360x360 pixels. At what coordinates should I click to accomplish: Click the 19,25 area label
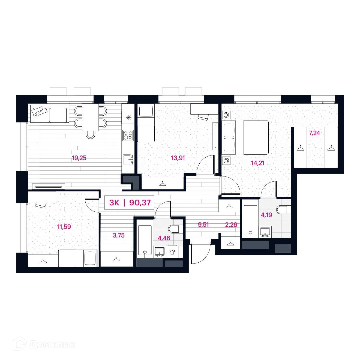pos(79,158)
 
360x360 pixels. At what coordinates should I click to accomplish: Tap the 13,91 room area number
pos(178,158)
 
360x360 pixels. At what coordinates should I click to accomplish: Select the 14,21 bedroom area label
pos(258,163)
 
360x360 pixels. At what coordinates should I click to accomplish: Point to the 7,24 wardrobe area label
pos(314,133)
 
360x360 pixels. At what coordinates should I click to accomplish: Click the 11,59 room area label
pos(64,227)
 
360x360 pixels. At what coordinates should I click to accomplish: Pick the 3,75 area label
pos(118,236)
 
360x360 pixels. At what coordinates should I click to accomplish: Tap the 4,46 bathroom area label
pos(164,238)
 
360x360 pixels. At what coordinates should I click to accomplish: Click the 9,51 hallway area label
pos(203,224)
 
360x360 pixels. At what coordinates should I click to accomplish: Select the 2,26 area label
pos(231,224)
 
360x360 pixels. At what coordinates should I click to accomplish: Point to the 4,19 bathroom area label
pos(266,215)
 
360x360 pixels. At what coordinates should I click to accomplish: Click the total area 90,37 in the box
pos(140,203)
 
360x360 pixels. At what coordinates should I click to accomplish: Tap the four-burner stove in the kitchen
pos(128,136)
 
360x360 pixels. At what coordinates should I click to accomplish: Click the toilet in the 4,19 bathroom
pos(284,209)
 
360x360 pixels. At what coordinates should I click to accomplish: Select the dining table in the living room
pos(91,117)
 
